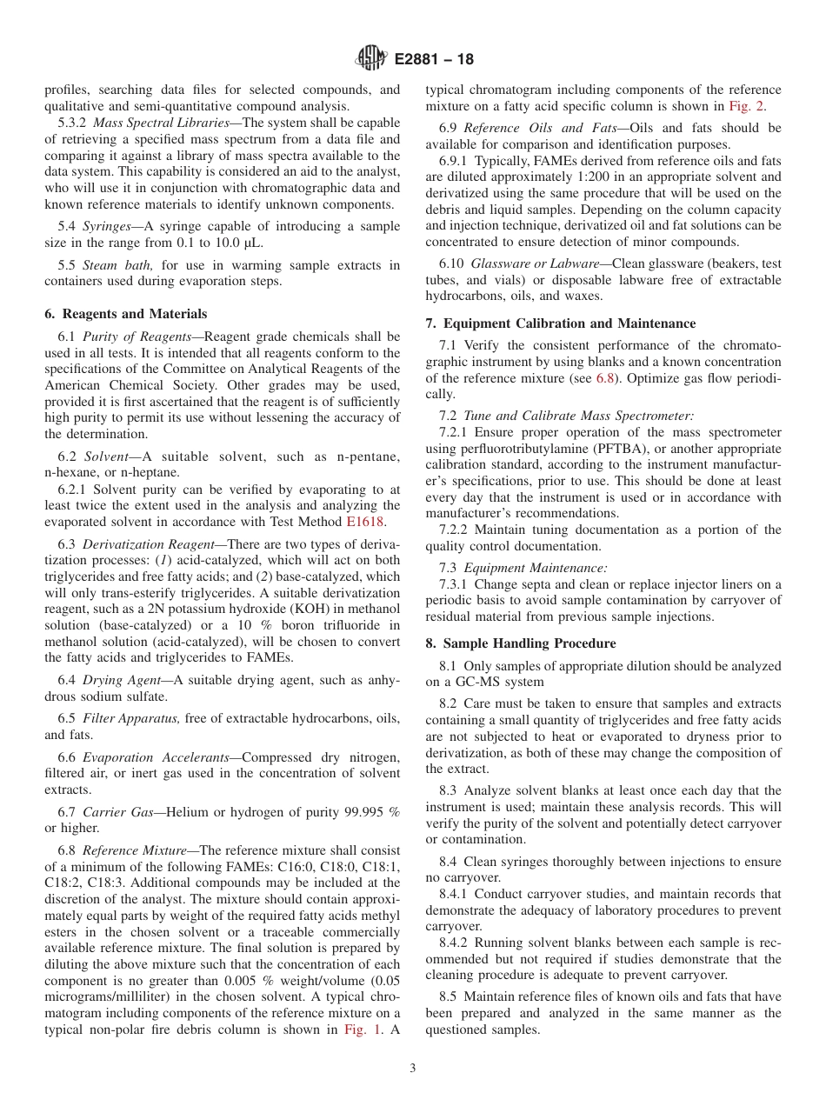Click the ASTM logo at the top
coord(371,60)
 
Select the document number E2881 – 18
coord(434,61)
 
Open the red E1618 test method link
coord(365,522)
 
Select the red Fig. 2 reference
coord(746,106)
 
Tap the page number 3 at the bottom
coord(413,1069)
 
